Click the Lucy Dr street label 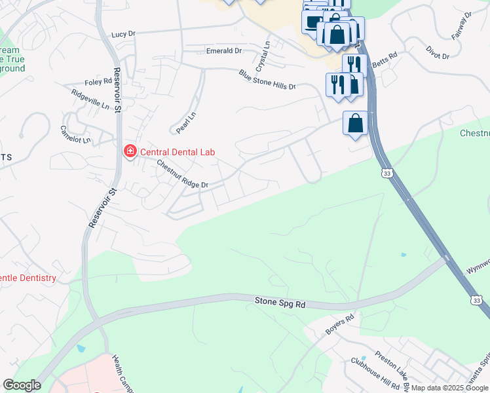124,34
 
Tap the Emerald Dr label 224,50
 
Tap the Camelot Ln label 75,135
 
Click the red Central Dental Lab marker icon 130,152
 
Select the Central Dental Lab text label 178,152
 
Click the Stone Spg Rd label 280,303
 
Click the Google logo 22,385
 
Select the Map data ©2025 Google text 449,388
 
